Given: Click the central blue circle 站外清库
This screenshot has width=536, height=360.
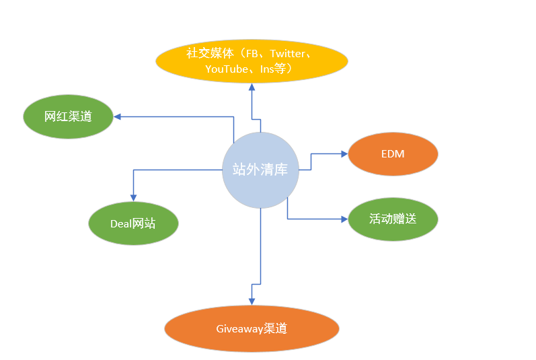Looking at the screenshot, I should coord(260,170).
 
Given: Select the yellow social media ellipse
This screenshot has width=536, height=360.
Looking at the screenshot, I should coord(252,61).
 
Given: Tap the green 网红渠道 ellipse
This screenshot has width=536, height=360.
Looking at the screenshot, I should coord(68,116).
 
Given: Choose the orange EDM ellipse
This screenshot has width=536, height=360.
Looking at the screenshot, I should coord(393,154).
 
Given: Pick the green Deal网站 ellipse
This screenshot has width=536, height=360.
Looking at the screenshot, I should coord(133,223).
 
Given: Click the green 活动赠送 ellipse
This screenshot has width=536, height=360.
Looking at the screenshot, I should coord(393,219).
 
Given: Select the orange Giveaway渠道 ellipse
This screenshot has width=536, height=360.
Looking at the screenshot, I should coord(252,328).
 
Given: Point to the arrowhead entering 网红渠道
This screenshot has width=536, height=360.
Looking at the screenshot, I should coord(117,116).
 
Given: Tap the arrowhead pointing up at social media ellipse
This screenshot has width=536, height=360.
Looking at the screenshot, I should coord(252,87).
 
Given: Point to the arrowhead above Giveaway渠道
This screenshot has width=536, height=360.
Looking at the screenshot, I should coord(252,299).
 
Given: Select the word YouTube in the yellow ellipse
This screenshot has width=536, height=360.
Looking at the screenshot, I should coord(227,69).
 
